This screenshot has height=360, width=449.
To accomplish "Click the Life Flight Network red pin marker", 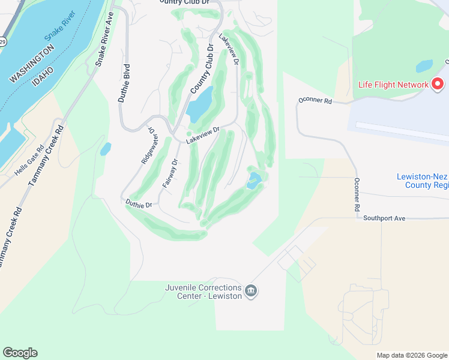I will tap(439, 84).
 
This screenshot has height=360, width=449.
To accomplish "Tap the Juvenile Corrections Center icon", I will tap(252, 291).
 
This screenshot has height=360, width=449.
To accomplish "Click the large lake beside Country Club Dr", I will tap(200, 103).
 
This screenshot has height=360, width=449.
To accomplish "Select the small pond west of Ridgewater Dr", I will tap(105, 149).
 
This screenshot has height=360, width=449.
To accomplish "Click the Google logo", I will tap(20, 353).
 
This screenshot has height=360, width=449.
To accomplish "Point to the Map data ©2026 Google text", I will tap(412, 355).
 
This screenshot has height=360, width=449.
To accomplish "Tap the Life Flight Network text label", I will tap(393, 85).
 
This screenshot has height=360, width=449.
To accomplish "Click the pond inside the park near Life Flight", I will tap(424, 65).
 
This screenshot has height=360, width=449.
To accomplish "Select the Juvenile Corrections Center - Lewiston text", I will tap(204, 291).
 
